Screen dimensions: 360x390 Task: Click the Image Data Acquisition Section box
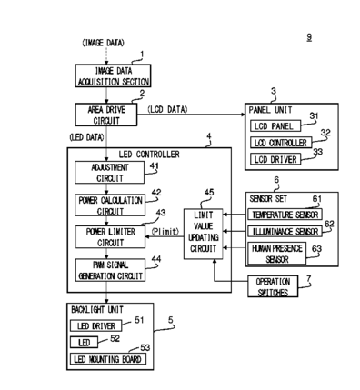(x=113, y=75)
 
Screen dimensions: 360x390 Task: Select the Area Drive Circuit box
(x=106, y=115)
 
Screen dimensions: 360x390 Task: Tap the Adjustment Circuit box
(x=110, y=173)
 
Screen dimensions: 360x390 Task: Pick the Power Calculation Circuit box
(x=110, y=205)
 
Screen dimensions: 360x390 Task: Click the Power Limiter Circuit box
(x=110, y=236)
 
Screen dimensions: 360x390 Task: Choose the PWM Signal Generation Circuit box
(x=110, y=270)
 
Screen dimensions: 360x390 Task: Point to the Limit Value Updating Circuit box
(x=204, y=234)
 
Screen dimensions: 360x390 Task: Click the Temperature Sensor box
(x=285, y=215)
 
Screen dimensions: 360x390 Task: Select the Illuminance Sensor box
(x=285, y=231)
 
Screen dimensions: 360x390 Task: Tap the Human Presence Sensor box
(x=277, y=253)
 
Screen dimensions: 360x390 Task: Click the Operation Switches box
(x=273, y=286)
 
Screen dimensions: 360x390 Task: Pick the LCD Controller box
(x=281, y=143)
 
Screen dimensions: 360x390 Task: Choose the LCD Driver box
(x=275, y=159)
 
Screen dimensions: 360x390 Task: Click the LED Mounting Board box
(x=108, y=359)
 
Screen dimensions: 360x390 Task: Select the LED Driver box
(x=96, y=325)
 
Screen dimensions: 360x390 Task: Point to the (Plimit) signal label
(x=165, y=232)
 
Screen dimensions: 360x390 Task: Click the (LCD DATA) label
(x=167, y=109)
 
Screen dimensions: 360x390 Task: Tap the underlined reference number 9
(x=309, y=37)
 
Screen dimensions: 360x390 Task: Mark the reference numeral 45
(x=209, y=193)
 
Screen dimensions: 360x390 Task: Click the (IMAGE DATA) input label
(x=104, y=43)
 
